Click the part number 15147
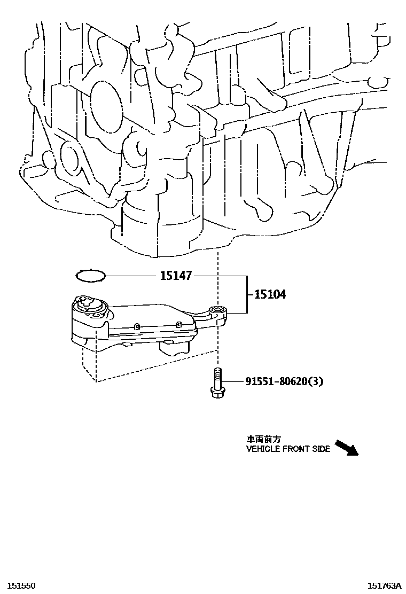(175, 276)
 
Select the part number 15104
(269, 294)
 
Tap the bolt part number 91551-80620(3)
(284, 381)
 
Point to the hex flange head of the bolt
(217, 393)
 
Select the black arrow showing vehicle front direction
(346, 448)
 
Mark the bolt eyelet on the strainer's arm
(217, 309)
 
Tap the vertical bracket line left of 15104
(246, 294)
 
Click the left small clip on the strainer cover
(137, 325)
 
